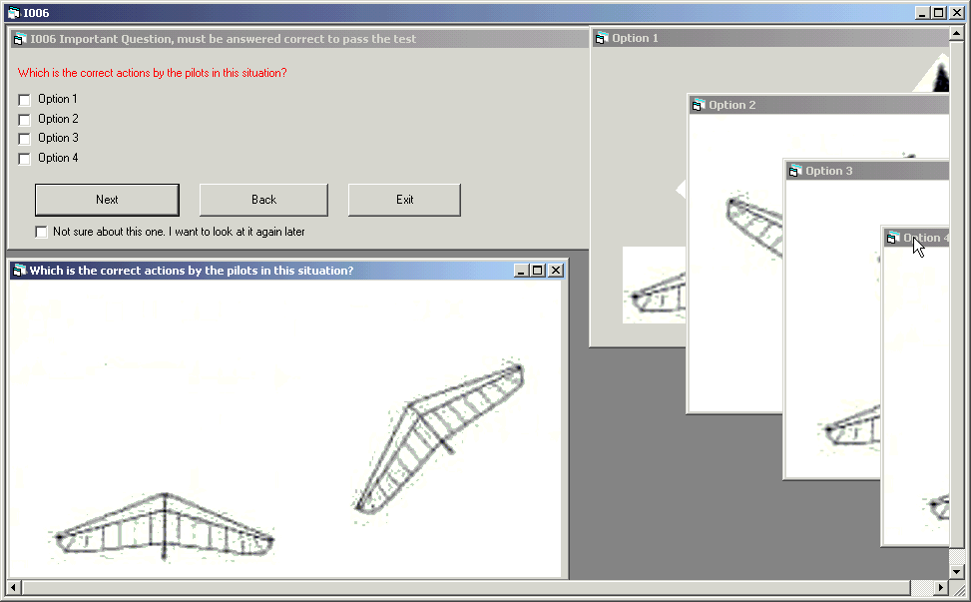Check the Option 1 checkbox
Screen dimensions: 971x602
tap(25, 100)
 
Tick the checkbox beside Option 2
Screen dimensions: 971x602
tap(25, 120)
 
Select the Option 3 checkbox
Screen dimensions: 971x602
tap(25, 139)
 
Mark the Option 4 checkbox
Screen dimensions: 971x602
tap(25, 159)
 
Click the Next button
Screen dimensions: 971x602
tap(107, 200)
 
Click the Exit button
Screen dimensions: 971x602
tap(404, 200)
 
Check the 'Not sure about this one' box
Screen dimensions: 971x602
tap(42, 232)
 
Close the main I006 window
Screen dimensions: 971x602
tap(957, 12)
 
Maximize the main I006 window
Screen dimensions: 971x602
tap(939, 12)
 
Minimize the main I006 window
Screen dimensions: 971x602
tap(923, 12)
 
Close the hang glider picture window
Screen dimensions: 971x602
tap(556, 270)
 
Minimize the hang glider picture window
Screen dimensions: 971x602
tap(521, 270)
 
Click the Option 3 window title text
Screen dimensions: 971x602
tap(829, 171)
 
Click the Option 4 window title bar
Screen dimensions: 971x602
tap(916, 238)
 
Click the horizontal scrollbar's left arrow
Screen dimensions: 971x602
tap(14, 587)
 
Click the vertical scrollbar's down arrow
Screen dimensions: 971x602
tap(956, 572)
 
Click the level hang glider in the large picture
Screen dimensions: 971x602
tap(165, 526)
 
